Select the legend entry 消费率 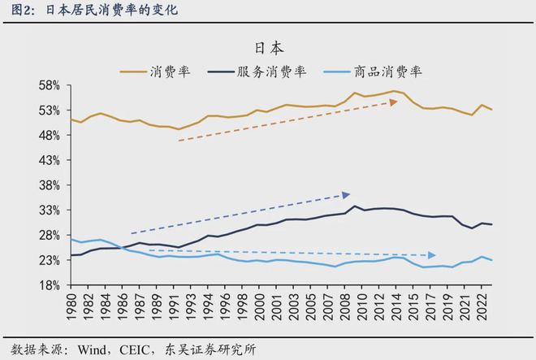pyautogui.click(x=170, y=71)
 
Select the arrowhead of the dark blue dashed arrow pyautogui.click(x=346, y=194)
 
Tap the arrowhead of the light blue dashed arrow pyautogui.click(x=431, y=255)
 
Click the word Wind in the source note pyautogui.click(x=93, y=349)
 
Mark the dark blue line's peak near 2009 pyautogui.click(x=355, y=206)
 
